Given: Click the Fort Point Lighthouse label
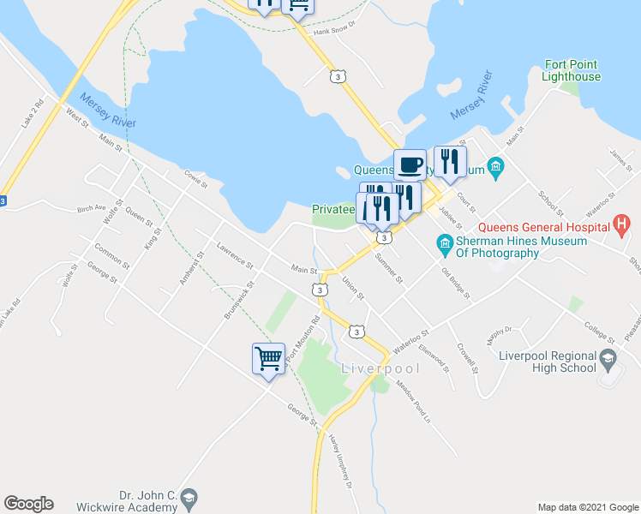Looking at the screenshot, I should pyautogui.click(x=571, y=71).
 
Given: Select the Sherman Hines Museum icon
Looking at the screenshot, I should pyautogui.click(x=444, y=245).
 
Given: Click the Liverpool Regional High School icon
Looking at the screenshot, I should pyautogui.click(x=608, y=361).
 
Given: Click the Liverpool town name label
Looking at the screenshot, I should pyautogui.click(x=381, y=369).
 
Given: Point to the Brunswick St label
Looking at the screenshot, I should pyautogui.click(x=240, y=301).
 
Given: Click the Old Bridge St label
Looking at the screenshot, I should pyautogui.click(x=456, y=284).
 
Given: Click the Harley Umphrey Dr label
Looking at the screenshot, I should pyautogui.click(x=340, y=461).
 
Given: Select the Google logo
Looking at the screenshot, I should pyautogui.click(x=28, y=504).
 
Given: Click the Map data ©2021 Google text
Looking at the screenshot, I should pyautogui.click(x=587, y=507).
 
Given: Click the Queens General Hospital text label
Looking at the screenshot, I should pyautogui.click(x=543, y=227).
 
